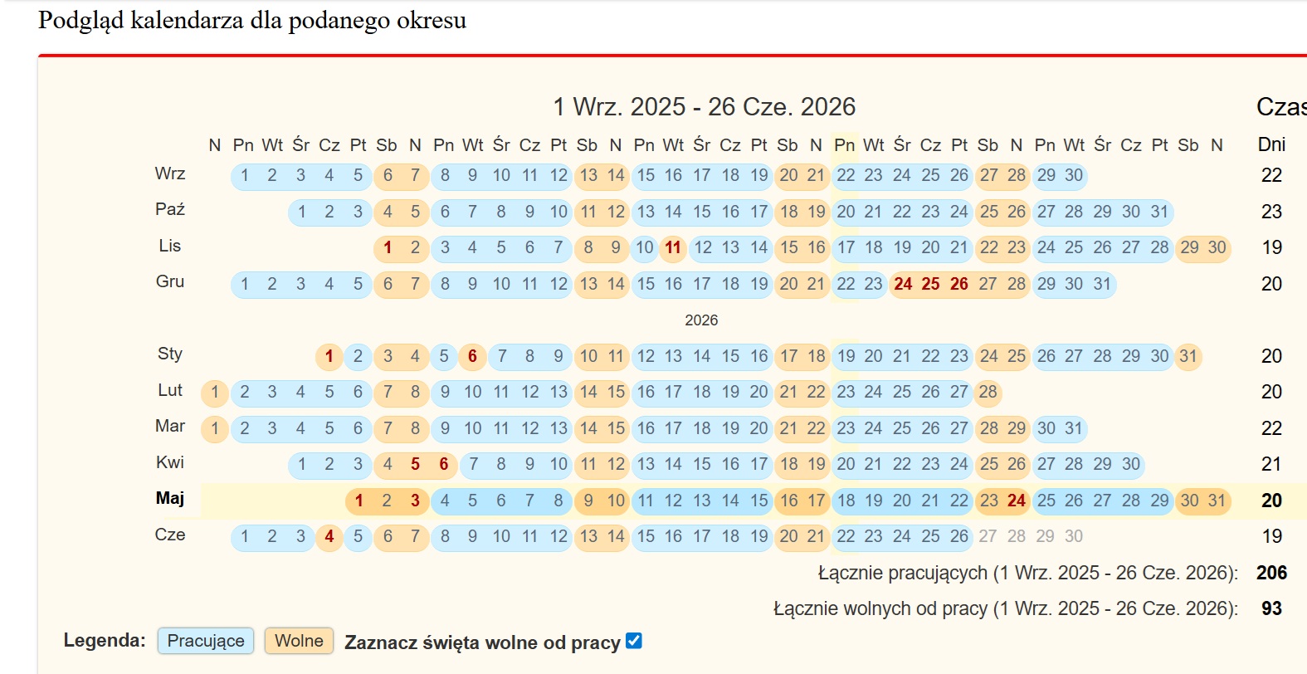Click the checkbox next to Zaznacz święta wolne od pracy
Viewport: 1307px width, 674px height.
634,641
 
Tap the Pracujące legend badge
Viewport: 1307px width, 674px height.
206,641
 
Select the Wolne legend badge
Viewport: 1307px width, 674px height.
299,641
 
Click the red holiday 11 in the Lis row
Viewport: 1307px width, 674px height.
673,247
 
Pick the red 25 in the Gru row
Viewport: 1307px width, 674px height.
931,284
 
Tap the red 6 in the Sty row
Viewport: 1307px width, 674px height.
472,356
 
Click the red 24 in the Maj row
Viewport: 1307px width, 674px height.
1017,501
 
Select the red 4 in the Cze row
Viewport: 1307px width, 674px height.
329,536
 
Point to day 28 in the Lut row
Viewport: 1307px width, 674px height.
988,392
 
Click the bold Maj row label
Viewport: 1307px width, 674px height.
170,498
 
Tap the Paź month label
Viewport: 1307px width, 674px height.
170,209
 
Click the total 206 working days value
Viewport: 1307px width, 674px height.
1271,573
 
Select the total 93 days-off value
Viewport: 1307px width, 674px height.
1271,608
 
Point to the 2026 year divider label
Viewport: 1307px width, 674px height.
701,320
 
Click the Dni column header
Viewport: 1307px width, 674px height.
1271,144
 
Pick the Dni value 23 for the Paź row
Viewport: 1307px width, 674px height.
1271,212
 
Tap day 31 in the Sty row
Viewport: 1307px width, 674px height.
1188,356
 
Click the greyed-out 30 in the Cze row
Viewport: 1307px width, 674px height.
1074,536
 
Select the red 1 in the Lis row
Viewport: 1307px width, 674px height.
388,247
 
